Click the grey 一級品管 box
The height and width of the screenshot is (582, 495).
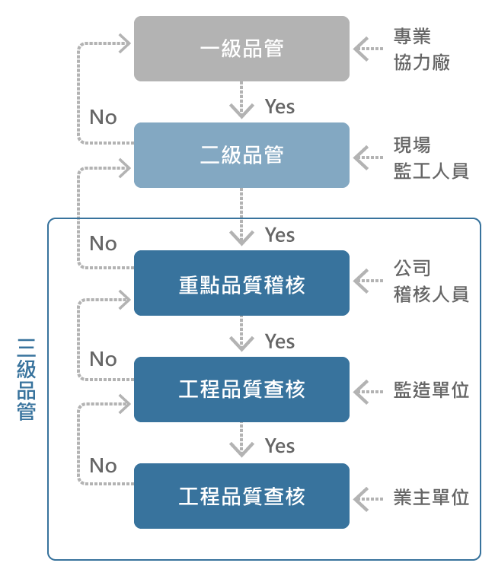tap(241, 49)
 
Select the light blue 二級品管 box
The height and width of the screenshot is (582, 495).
tap(241, 155)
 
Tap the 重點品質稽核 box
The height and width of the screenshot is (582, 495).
tap(241, 283)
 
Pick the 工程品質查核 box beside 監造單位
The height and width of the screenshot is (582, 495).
tap(241, 390)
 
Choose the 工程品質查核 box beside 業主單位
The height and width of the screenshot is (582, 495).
tap(241, 496)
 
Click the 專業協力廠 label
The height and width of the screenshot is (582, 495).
tap(422, 49)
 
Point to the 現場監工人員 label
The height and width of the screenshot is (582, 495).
tap(430, 157)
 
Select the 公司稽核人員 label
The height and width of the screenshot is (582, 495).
tap(430, 281)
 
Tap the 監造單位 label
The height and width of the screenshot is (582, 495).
tap(430, 390)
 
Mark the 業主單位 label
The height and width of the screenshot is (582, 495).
tap(430, 498)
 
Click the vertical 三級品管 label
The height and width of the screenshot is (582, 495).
tap(26, 379)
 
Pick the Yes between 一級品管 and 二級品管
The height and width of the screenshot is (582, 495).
tap(279, 107)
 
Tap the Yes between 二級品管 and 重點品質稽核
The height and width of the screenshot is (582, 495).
tap(279, 235)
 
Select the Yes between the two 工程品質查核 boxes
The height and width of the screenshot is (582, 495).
tap(279, 445)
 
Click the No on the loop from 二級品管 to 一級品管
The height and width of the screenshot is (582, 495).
tap(103, 117)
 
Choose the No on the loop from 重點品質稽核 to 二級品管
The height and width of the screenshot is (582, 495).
tap(103, 243)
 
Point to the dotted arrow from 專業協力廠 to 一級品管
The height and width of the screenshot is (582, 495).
tap(369, 49)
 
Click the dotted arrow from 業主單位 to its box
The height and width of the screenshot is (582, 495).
tap(369, 498)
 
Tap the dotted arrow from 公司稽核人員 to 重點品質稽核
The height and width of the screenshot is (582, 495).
tap(369, 281)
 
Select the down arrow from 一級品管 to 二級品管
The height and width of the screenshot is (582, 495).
tap(241, 101)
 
